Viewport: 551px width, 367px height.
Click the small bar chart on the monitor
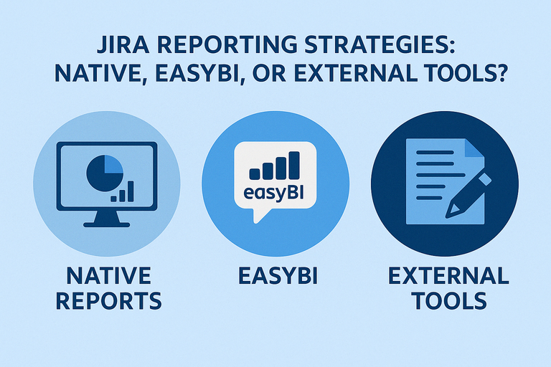coord(125,191)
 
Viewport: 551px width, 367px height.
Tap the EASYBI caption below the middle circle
coord(275,275)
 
